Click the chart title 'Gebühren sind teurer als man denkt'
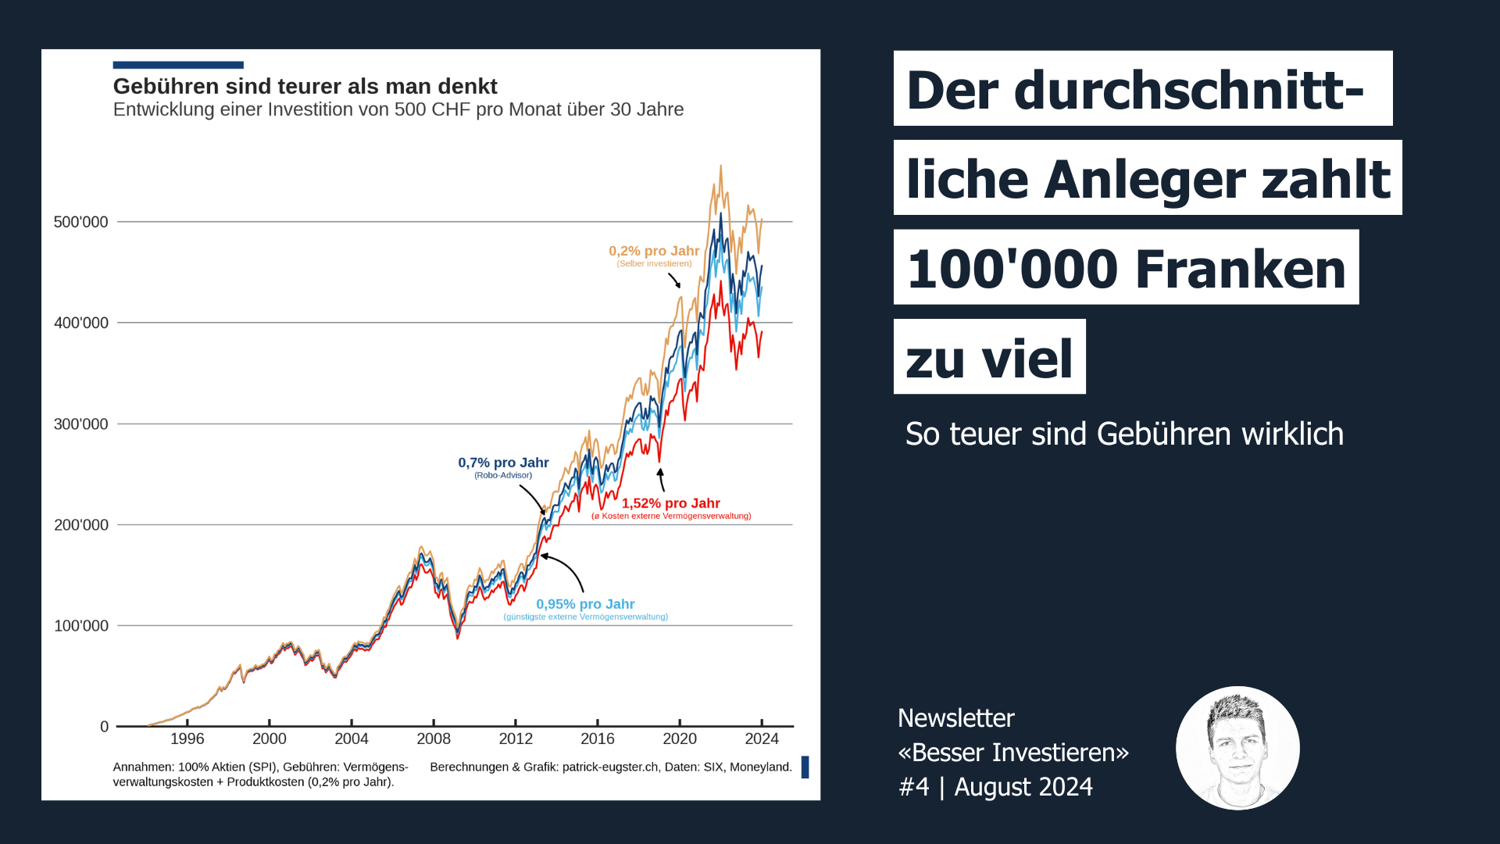tap(305, 86)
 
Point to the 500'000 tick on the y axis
tap(80, 222)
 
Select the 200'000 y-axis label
tap(80, 525)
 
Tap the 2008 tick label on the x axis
tap(434, 738)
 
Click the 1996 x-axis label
tap(187, 738)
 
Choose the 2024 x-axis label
tap(762, 738)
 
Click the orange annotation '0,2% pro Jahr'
tap(654, 251)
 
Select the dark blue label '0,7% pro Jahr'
tap(503, 463)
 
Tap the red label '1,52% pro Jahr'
tap(670, 503)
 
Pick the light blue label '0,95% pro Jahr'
tap(585, 604)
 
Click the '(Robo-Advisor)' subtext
tap(503, 475)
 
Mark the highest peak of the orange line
tap(720, 166)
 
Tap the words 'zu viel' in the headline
tap(989, 358)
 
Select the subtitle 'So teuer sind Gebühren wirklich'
tap(1123, 434)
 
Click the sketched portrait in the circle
tap(1237, 748)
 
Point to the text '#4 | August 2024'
tap(995, 786)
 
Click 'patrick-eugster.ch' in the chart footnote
tap(609, 767)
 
